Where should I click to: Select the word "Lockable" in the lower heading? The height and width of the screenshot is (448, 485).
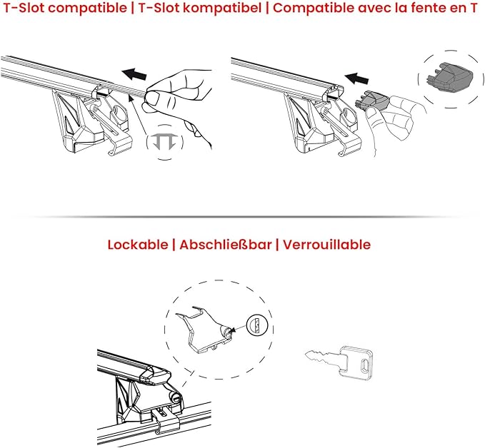point(138,245)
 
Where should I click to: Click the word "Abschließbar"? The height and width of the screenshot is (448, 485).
point(226,245)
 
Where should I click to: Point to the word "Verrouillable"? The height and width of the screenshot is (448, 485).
point(326,245)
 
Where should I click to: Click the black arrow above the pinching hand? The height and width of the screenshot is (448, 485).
point(134,74)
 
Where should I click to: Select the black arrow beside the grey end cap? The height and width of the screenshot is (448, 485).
point(356,78)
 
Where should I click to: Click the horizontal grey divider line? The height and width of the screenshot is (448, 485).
point(243,217)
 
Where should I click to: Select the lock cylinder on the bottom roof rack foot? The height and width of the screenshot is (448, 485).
point(175,397)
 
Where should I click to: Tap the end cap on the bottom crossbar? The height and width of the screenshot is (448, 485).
point(155,375)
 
